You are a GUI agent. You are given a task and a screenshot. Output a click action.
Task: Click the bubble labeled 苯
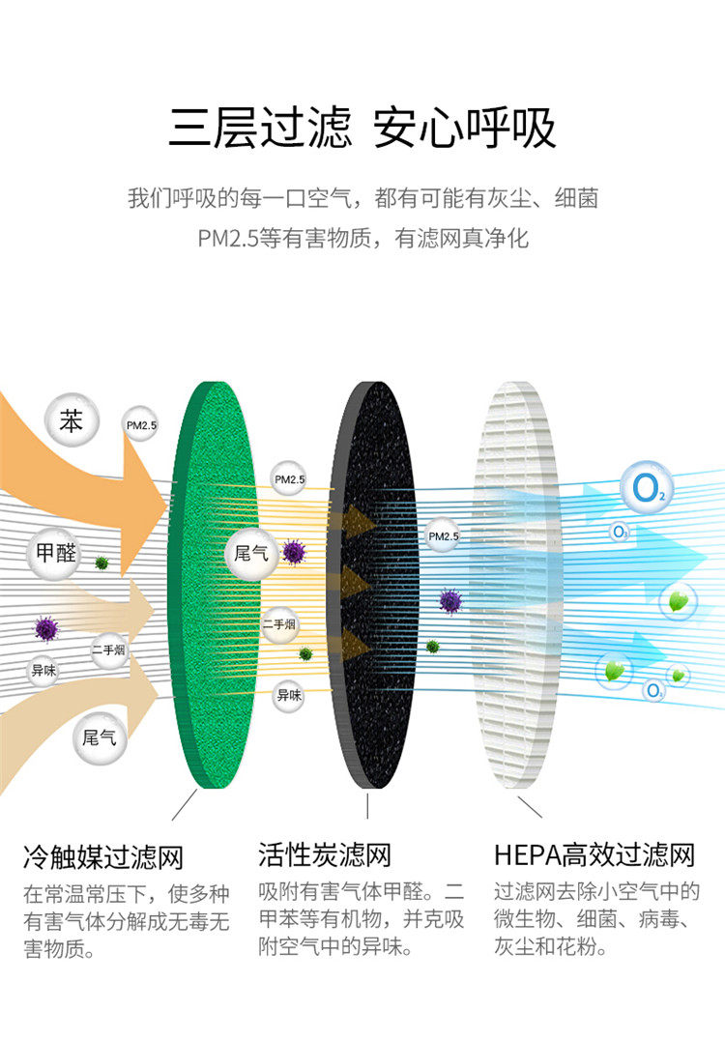72,422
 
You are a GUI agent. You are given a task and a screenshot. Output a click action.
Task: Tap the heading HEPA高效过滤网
594,855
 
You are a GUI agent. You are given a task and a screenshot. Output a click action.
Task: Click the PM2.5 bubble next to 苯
141,423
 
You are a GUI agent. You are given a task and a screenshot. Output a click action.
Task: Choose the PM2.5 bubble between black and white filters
444,535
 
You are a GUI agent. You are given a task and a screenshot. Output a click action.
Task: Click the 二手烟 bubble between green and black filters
280,624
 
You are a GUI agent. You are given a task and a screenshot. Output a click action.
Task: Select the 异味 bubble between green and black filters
288,694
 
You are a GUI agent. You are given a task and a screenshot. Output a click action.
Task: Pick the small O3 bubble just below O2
619,532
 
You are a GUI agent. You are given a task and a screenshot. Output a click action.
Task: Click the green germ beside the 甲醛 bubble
101,563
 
